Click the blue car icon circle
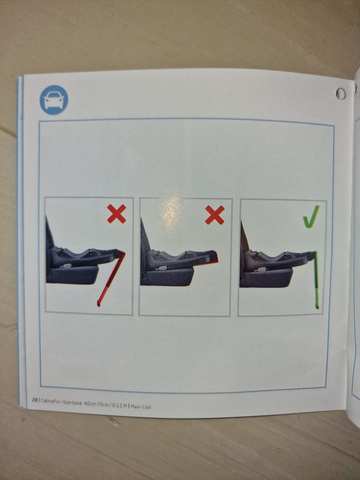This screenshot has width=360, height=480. (x=54, y=100)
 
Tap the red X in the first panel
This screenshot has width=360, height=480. (x=117, y=214)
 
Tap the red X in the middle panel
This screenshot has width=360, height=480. (x=214, y=215)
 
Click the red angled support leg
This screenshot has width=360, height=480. (x=111, y=278)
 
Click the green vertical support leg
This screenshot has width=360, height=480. (x=315, y=280)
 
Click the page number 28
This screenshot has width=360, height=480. (x=35, y=400)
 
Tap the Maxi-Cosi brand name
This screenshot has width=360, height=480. (x=141, y=406)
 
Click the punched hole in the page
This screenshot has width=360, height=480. (x=341, y=94)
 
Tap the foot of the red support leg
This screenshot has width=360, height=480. (x=99, y=304)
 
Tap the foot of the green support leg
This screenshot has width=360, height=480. (x=317, y=307)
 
